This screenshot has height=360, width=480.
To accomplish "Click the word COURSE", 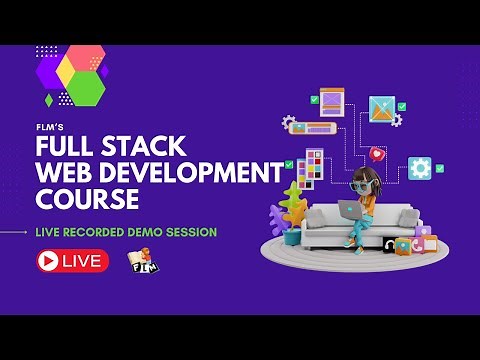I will pyautogui.click(x=87, y=199).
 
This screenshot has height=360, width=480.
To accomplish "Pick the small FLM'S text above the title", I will pyautogui.click(x=49, y=128).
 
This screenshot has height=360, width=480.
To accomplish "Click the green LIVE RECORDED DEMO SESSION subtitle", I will pyautogui.click(x=125, y=232).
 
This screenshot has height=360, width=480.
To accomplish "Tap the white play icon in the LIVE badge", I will pyautogui.click(x=46, y=261).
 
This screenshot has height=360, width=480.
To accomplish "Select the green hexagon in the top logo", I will pyautogui.click(x=87, y=88).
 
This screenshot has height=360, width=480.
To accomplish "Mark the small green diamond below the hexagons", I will pyautogui.click(x=49, y=100).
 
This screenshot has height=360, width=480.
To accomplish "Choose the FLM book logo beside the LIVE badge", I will pyautogui.click(x=141, y=261).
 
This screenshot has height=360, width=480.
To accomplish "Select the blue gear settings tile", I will pyautogui.click(x=420, y=168).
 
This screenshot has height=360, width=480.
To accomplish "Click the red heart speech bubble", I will pyautogui.click(x=376, y=154).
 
